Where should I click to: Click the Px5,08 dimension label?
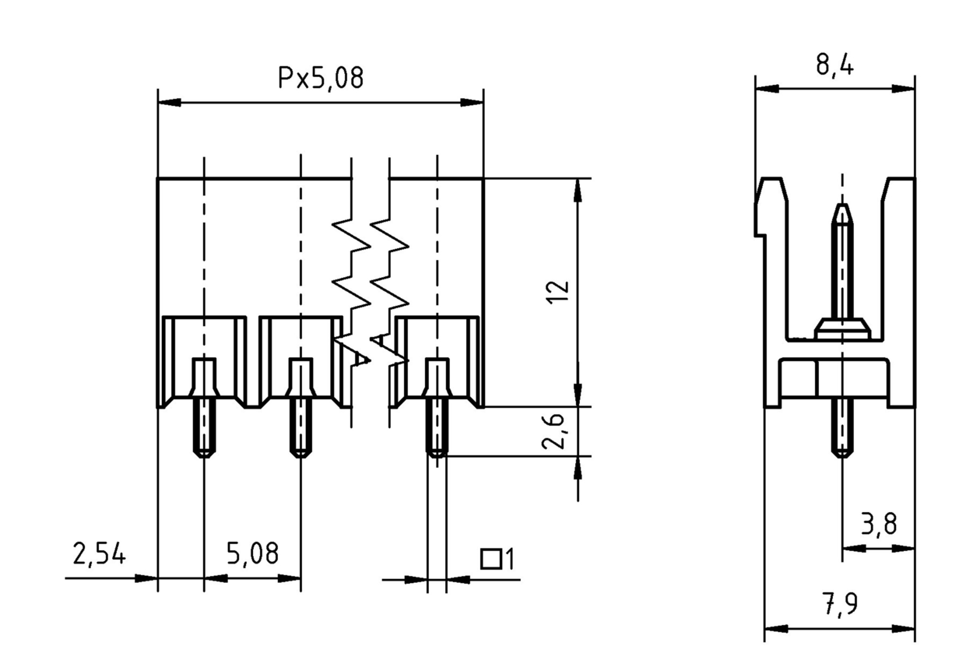321,78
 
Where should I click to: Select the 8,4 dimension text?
835,65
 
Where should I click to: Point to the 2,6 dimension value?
553,431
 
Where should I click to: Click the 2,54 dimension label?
99,554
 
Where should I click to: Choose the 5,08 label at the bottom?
253,554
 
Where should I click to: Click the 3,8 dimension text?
879,524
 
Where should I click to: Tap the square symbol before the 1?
491,559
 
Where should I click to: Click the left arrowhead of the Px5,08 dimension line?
169,103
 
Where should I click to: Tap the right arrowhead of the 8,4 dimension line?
903,88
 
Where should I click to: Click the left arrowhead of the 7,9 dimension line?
776,629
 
